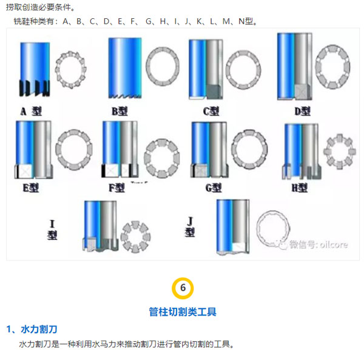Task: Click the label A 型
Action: [31, 111]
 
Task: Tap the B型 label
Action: [120, 111]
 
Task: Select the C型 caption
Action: [211, 111]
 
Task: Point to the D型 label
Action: [303, 111]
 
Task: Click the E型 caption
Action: [31, 188]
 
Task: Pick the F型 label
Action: [116, 188]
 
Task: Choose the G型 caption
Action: [214, 188]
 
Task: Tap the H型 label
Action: [300, 188]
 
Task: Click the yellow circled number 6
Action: [183, 288]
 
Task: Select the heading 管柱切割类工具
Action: [183, 311]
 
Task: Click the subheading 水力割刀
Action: [39, 329]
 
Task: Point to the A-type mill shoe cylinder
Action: [35, 69]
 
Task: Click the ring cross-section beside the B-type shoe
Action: [163, 66]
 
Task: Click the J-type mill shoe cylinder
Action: [233, 227]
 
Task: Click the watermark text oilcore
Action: [334, 245]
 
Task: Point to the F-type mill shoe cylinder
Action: [120, 149]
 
